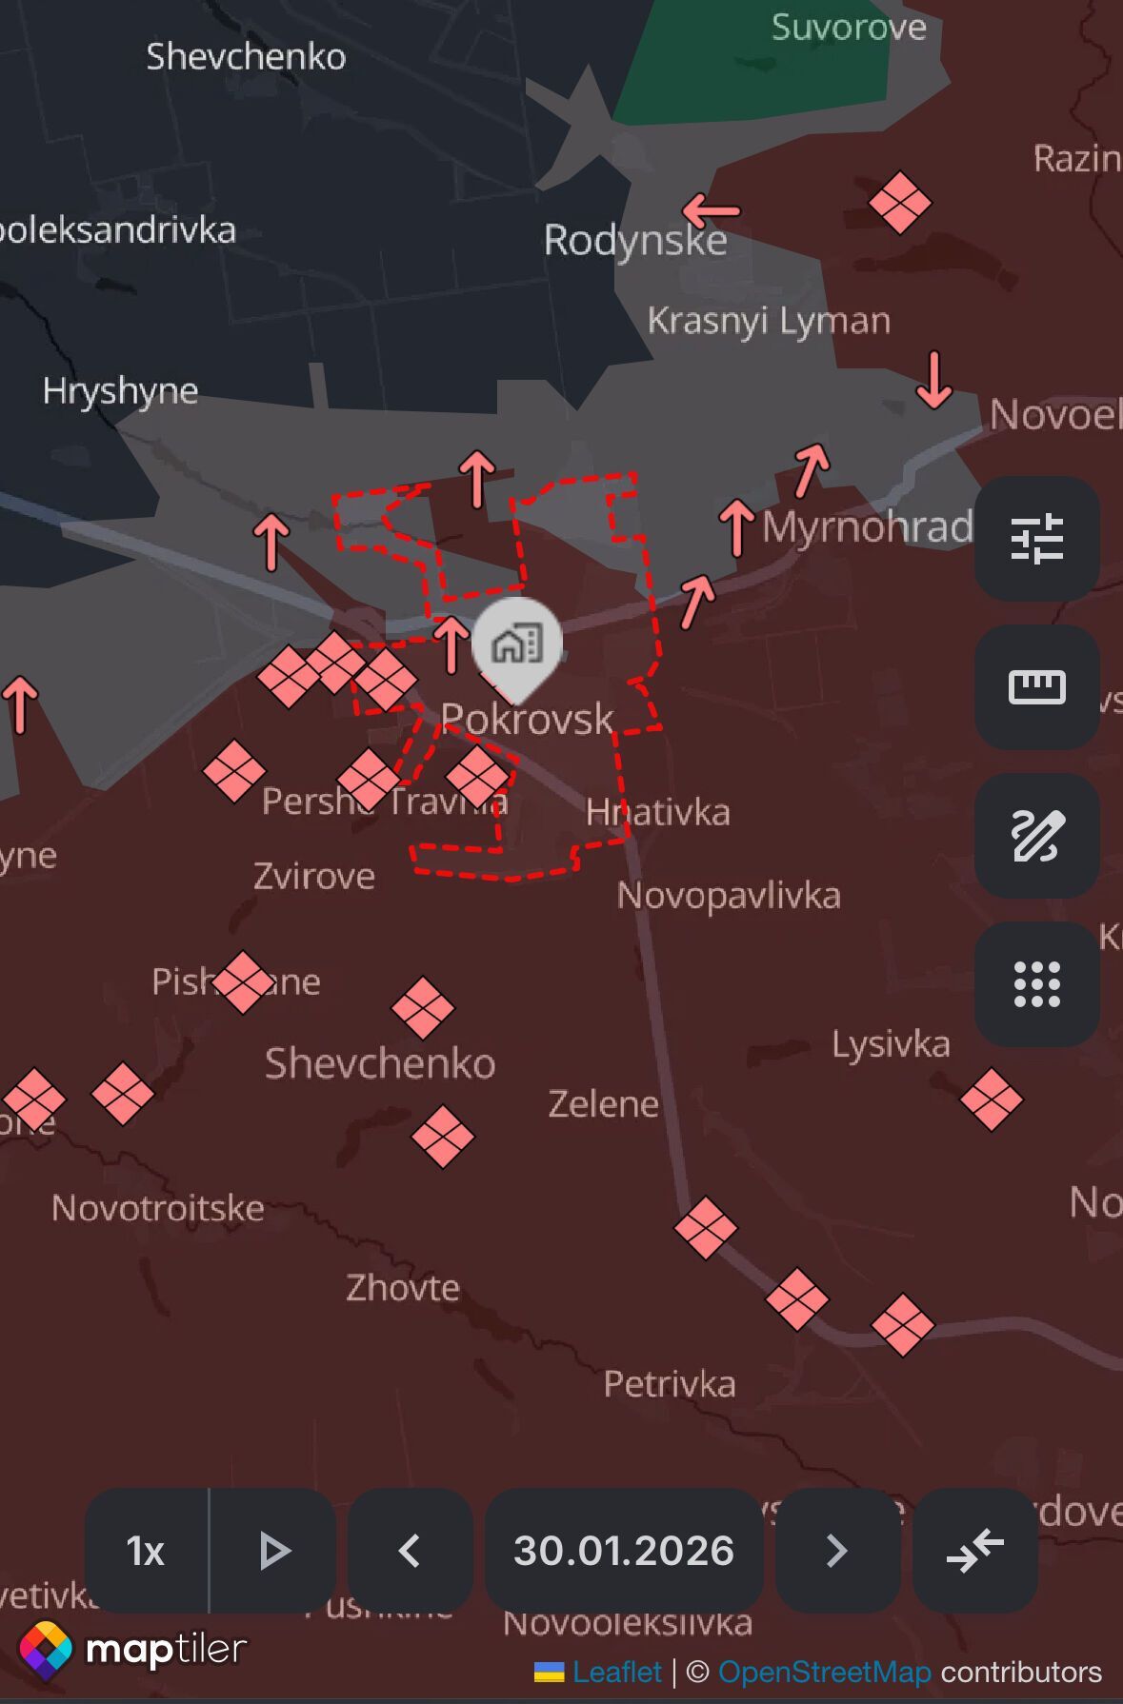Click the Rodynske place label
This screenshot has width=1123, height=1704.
pos(634,240)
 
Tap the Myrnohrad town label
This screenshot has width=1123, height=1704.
pos(867,526)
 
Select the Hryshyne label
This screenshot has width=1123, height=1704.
pos(120,390)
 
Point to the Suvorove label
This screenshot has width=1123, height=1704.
pos(848,28)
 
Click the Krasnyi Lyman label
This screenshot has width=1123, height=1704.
pos(769,321)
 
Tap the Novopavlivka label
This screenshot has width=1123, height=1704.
pos(729,896)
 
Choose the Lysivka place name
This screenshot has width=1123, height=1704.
pos(891,1044)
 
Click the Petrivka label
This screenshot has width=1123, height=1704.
pos(670,1383)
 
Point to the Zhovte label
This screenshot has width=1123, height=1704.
pos(402,1288)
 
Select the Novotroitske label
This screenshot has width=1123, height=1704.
pos(158,1208)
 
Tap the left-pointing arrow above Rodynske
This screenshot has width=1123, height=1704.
pos(711,210)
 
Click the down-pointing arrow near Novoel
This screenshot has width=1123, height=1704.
pos(933,380)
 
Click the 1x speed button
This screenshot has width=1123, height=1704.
pos(147,1551)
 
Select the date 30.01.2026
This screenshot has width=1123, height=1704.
pos(624,1551)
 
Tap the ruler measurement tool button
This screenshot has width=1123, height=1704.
pos(1036,686)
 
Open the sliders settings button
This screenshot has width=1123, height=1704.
pos(1036,539)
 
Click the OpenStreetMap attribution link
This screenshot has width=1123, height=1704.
pos(824,1672)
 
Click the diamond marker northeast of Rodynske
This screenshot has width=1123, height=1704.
pos(899,202)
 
